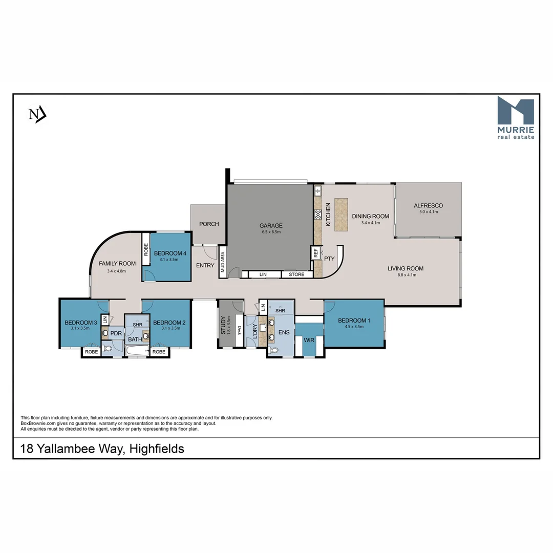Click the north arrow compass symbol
(x=37, y=114)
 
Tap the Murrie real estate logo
(x=516, y=118)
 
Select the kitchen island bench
(x=341, y=214)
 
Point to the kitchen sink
(x=318, y=192)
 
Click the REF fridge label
(x=316, y=252)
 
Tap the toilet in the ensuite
(x=274, y=350)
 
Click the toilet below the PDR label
(x=107, y=348)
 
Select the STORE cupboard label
(x=296, y=274)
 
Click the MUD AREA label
(x=222, y=261)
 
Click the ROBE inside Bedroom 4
(x=146, y=249)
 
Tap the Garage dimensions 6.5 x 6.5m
(x=271, y=232)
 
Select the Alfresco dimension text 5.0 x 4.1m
(x=429, y=211)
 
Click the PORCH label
(x=209, y=224)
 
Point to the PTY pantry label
(x=329, y=259)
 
